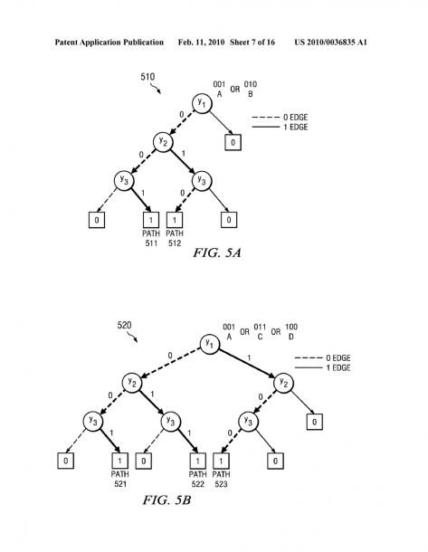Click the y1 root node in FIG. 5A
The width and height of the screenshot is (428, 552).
202,103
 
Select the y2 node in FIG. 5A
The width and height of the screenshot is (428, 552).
163,142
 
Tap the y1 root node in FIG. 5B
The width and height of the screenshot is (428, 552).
210,344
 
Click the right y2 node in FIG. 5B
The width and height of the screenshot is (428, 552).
284,383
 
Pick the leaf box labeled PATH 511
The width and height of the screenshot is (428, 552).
151,220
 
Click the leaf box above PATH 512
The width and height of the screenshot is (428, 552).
175,220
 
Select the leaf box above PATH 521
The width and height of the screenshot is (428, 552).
120,461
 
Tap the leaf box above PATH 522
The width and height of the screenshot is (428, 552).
198,461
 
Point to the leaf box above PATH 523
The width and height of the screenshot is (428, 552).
221,461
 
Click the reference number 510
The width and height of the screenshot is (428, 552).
147,77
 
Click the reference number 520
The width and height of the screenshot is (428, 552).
124,325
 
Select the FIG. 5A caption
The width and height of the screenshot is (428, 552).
217,252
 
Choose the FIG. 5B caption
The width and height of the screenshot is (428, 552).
166,500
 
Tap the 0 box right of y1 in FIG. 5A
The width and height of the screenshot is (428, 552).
233,142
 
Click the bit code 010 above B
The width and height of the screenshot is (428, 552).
251,84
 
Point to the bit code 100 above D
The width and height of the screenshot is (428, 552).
291,327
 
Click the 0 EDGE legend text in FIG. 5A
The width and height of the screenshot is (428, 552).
295,118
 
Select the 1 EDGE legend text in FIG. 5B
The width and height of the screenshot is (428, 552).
338,368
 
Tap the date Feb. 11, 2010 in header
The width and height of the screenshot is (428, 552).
201,43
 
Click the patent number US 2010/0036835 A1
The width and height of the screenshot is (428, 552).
331,43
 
